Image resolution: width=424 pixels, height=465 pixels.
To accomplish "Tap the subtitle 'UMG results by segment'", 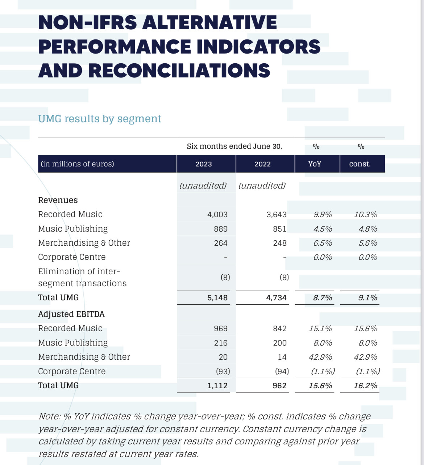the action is point(100,119).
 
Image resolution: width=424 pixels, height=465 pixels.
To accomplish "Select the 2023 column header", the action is point(204,164).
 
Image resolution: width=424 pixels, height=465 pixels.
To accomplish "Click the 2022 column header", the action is point(263,164).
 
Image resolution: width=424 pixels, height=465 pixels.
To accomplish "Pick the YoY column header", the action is point(315,164).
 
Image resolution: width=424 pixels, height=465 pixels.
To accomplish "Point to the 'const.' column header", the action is point(360,164).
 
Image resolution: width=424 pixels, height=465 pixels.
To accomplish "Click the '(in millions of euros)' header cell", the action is point(77,164).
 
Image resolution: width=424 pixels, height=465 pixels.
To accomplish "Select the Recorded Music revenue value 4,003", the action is point(217,215).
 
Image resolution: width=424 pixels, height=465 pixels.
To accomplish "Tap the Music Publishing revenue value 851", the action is point(279,229).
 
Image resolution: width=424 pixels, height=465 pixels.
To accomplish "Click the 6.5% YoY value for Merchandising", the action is point(323,243).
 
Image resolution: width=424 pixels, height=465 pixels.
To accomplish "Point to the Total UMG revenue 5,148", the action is point(217,298).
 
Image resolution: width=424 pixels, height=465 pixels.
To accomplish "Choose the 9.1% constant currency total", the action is point(367,298).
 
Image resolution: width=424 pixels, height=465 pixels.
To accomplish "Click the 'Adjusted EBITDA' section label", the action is point(71,314).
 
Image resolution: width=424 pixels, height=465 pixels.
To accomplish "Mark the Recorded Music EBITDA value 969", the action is point(221,329).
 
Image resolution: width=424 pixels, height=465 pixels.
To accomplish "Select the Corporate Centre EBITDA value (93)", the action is point(223,371).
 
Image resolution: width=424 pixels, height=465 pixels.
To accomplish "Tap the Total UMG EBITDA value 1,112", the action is point(217,385).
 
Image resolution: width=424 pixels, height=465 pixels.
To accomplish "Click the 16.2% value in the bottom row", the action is point(366,385).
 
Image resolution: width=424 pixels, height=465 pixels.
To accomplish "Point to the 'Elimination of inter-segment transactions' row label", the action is point(82,277).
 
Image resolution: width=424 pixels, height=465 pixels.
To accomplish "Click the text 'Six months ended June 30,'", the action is point(234,146).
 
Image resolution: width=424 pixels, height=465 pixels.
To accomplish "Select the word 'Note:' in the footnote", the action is point(50,416).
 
